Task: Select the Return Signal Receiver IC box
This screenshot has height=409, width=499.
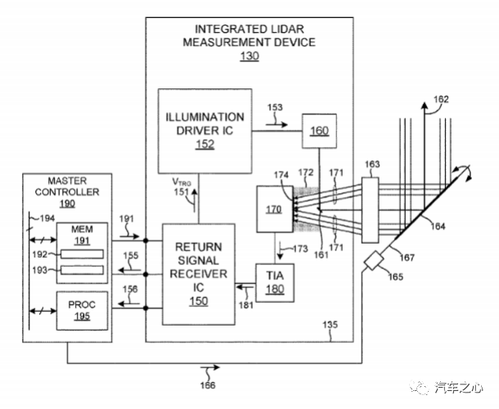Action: (200, 273)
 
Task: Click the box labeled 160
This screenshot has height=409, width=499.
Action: (318, 130)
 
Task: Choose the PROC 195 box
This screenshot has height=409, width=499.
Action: (82, 309)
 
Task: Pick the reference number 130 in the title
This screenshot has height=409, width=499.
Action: (249, 56)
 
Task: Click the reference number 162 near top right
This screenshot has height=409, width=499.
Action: (441, 100)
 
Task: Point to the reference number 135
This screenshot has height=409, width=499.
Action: (330, 326)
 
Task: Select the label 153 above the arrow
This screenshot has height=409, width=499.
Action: (275, 108)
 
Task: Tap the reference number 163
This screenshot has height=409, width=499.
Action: (372, 164)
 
